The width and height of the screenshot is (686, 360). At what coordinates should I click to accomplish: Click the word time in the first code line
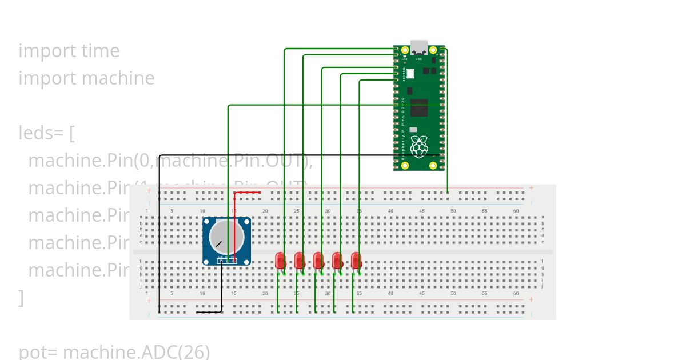[x=101, y=51]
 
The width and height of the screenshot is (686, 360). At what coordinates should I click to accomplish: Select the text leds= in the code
[x=42, y=133]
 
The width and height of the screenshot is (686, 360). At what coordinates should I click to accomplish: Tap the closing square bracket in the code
[x=21, y=298]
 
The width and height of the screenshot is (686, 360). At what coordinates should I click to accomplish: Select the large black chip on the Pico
[x=419, y=107]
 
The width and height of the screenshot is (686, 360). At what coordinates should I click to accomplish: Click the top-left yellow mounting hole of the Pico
[x=405, y=50]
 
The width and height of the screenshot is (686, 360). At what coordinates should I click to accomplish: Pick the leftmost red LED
[x=280, y=261]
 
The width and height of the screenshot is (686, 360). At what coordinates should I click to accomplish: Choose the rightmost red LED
[x=356, y=261]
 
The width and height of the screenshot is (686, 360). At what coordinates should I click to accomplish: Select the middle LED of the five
[x=318, y=261]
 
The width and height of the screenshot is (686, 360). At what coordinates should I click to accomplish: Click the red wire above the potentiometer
[x=248, y=193]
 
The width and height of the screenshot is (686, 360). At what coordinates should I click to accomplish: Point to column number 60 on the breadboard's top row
[x=516, y=211]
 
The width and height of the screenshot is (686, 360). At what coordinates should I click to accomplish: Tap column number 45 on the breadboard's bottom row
[x=422, y=293]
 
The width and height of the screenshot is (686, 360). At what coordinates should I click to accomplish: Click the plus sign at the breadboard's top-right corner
[x=531, y=188]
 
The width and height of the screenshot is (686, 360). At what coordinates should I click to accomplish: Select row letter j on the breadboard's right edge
[x=543, y=286]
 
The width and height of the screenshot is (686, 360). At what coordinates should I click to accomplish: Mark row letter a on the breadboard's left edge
[x=141, y=217]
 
